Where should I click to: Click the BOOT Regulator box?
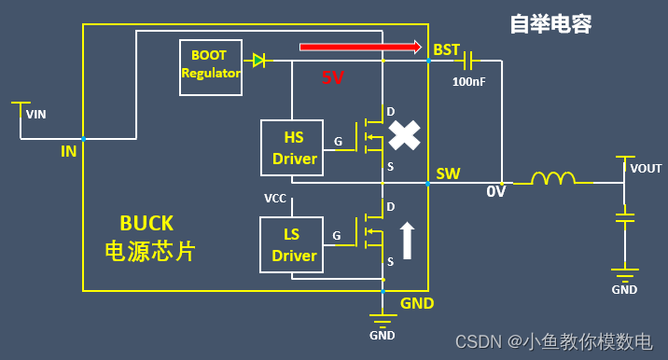(211, 67)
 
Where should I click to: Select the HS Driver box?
(294, 148)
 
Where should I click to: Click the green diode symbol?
(259, 61)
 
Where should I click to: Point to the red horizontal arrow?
(359, 45)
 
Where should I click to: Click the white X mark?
(404, 135)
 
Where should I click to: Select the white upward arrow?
(407, 240)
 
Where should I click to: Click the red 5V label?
(333, 77)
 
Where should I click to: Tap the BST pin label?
(447, 49)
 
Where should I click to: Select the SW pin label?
(448, 174)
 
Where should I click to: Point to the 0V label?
(496, 191)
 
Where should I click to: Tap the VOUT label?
(646, 169)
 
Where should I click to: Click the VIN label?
(35, 115)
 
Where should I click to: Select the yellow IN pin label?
(69, 150)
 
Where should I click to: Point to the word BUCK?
(146, 223)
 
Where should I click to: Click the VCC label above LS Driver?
(275, 199)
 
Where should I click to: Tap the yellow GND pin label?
(416, 303)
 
